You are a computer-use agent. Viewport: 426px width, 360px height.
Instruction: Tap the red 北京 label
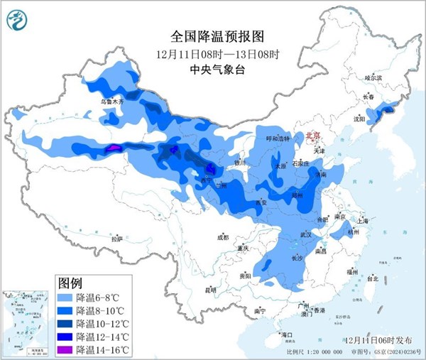pos(313,136)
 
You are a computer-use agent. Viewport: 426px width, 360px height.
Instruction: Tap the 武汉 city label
pos(307,234)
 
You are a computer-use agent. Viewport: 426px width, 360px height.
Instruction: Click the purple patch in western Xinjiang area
pos(113,148)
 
